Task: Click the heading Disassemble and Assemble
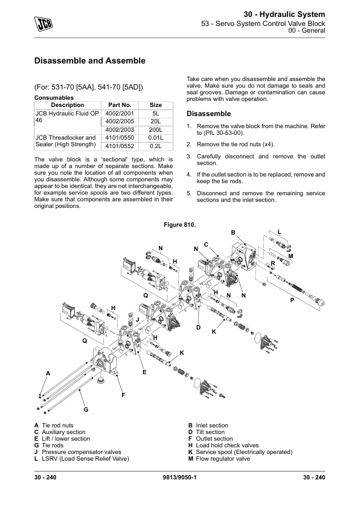[x=90, y=60]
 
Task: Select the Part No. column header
[x=120, y=105]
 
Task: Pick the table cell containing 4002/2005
[x=120, y=122]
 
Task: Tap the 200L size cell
[x=156, y=130]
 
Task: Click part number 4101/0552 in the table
[x=120, y=146]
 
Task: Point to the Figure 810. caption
[x=179, y=225]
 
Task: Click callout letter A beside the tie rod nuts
[x=48, y=374]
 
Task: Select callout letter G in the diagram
[x=86, y=410]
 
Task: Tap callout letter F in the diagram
[x=123, y=395]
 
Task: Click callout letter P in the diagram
[x=292, y=300]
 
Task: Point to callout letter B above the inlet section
[x=233, y=232]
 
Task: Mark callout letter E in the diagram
[x=144, y=372]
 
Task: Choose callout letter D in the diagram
[x=199, y=328]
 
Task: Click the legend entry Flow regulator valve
[x=223, y=459]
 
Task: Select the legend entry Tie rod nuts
[x=58, y=425]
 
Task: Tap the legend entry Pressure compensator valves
[x=82, y=452]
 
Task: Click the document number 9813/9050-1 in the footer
[x=180, y=477]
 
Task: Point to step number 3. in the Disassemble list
[x=189, y=157]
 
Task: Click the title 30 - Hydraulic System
[x=284, y=15]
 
